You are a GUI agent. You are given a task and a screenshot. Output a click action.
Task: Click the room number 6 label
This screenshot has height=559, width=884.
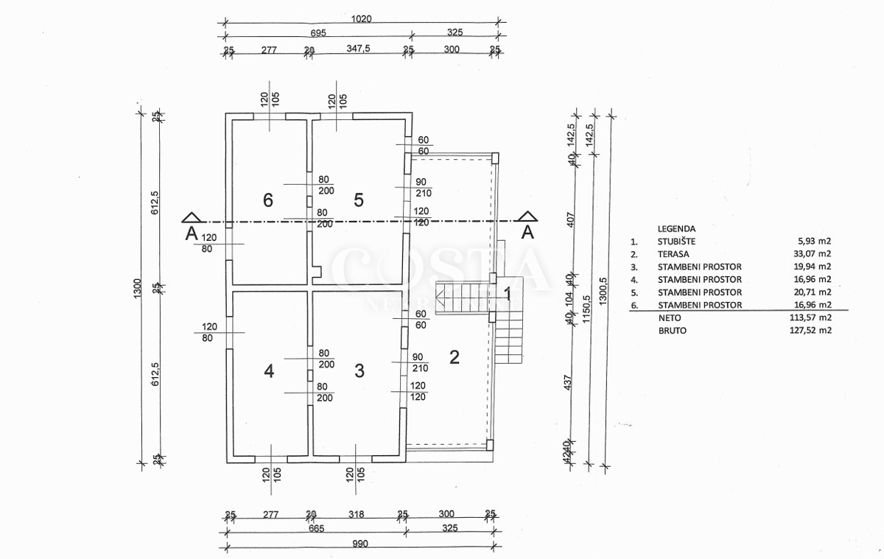[268, 200]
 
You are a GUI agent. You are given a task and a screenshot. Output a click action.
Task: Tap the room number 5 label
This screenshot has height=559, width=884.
[359, 200]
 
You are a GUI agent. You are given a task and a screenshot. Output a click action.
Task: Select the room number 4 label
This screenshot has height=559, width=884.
[269, 371]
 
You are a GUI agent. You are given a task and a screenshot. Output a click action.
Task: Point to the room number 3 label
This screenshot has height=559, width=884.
[359, 371]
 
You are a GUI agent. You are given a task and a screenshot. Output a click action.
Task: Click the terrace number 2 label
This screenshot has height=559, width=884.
[455, 357]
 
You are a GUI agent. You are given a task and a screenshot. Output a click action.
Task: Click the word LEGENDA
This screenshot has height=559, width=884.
[676, 229]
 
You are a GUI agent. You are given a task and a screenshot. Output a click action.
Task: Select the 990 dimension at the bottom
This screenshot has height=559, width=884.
[359, 544]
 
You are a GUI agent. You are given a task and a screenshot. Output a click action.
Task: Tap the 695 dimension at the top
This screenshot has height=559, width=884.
[318, 34]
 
